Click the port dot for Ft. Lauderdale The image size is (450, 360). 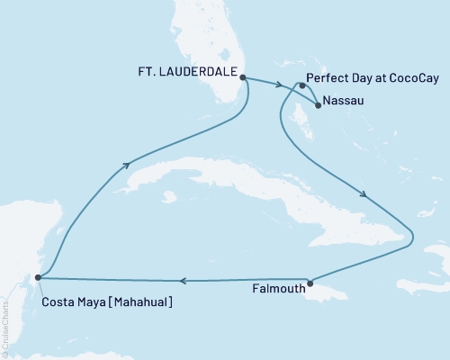click(244, 77)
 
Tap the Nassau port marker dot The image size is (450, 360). click(318, 104)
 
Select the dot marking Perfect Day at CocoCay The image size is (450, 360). click(302, 86)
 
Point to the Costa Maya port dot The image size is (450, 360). click(37, 278)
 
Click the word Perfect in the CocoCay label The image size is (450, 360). click(328, 77)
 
